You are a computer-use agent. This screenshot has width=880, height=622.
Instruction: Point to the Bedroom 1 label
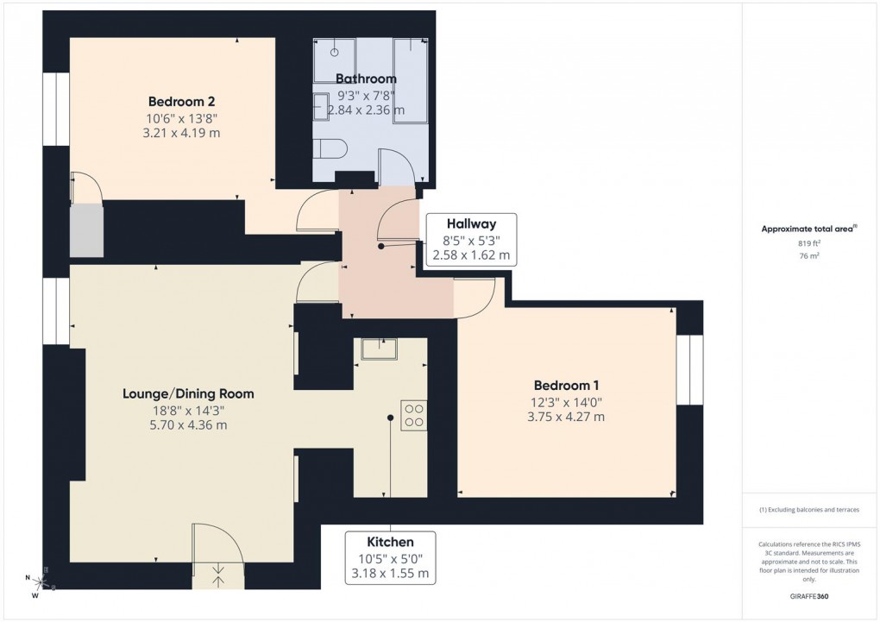[566, 386]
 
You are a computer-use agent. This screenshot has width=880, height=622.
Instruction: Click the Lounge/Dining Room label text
[188, 393]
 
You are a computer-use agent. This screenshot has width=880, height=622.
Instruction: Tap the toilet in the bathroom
[331, 148]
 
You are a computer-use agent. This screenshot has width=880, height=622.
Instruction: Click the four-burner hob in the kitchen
[413, 415]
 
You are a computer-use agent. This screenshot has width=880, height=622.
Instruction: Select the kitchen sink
[379, 349]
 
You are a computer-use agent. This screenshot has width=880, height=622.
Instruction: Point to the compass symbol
[35, 584]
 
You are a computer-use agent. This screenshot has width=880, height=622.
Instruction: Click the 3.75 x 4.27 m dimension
[566, 417]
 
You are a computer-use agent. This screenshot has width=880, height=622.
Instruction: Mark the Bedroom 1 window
[689, 369]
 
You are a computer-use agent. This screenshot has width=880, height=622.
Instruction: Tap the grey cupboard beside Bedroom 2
[86, 229]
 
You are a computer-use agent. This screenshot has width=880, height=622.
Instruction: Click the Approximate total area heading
[808, 229]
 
